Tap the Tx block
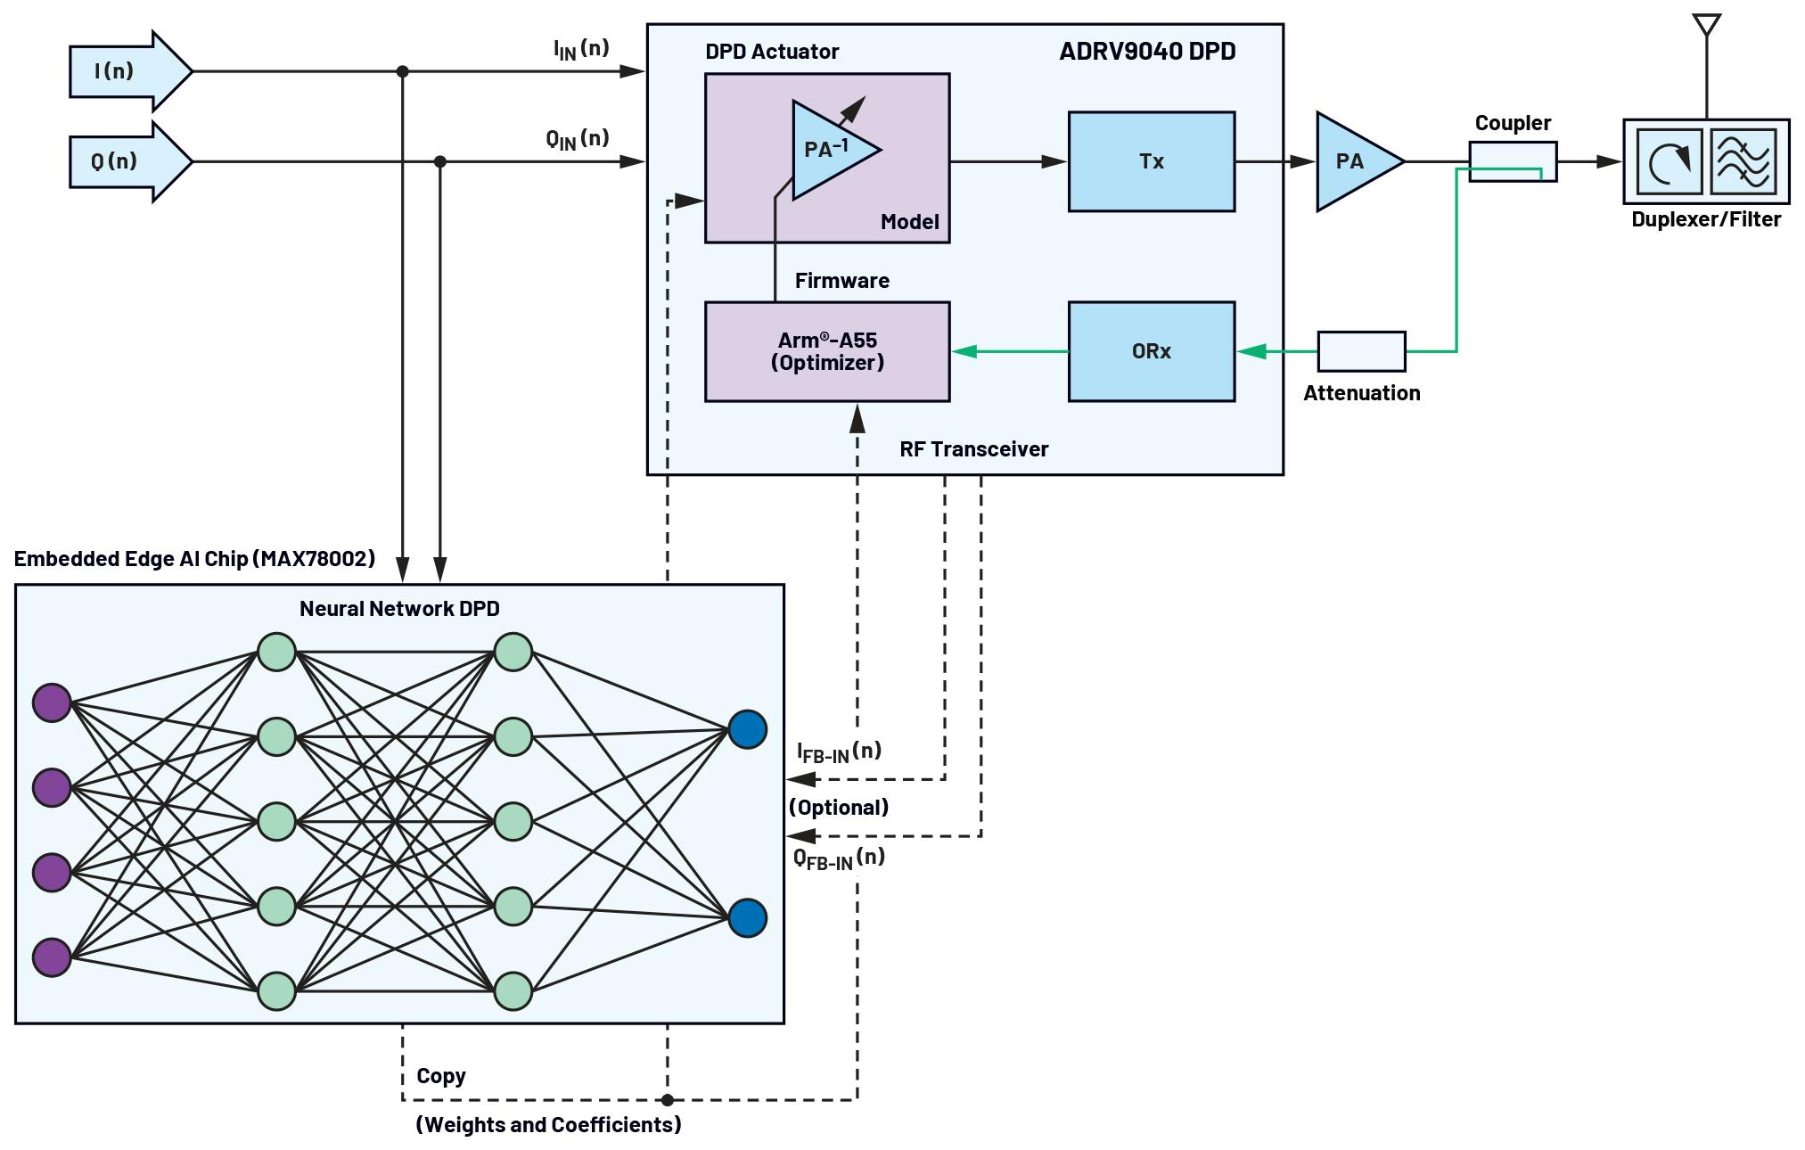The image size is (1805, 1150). click(x=1151, y=161)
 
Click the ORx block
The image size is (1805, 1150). click(x=1151, y=351)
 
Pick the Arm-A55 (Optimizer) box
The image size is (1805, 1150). click(x=826, y=351)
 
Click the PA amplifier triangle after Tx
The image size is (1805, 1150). click(x=1353, y=161)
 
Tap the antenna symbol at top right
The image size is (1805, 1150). click(x=1706, y=27)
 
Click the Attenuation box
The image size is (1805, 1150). click(x=1361, y=351)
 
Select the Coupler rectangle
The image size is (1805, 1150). click(x=1513, y=161)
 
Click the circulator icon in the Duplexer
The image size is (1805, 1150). click(x=1669, y=161)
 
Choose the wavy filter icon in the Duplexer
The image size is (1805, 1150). click(x=1743, y=161)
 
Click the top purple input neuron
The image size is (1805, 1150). click(x=52, y=702)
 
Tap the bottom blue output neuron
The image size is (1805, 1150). click(x=747, y=918)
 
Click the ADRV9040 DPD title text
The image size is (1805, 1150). click(x=1146, y=52)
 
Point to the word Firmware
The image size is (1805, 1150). click(x=841, y=281)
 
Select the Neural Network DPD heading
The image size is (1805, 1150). click(x=399, y=609)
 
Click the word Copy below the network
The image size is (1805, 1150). click(x=440, y=1076)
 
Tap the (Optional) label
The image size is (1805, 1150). click(x=838, y=808)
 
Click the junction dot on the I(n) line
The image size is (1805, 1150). click(x=402, y=71)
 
